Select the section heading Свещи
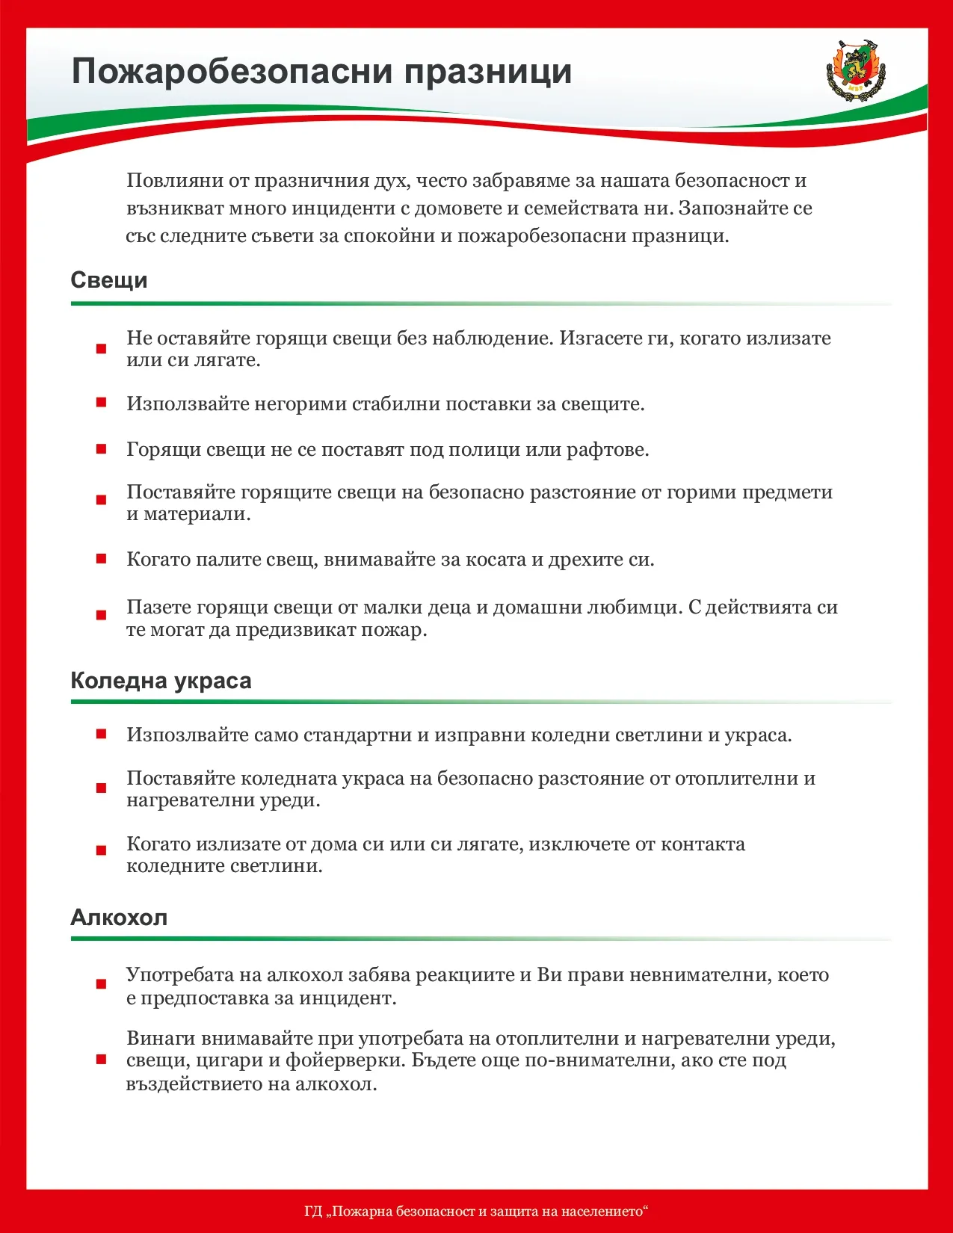(x=109, y=280)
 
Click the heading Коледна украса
(x=161, y=681)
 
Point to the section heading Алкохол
(x=119, y=917)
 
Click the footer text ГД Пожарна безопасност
(x=476, y=1211)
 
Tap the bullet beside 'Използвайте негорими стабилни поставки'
(x=102, y=404)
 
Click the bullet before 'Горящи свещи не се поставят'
(x=102, y=449)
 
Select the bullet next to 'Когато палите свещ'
(x=102, y=559)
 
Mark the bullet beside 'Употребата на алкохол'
(x=102, y=985)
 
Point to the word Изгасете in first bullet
(x=600, y=338)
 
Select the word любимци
(x=634, y=607)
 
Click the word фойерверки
(x=345, y=1060)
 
